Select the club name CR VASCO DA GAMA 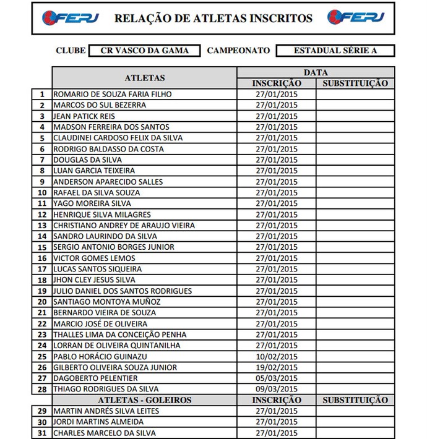(x=145, y=51)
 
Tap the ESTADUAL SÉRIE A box (x=335, y=51)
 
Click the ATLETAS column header (x=145, y=78)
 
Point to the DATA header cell (x=316, y=72)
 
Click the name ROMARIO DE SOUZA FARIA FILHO (x=112, y=95)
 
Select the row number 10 (x=42, y=193)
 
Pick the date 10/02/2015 (x=276, y=357)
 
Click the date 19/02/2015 (x=276, y=367)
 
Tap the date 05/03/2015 (x=276, y=378)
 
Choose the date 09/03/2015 (x=276, y=389)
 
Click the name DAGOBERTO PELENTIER (x=95, y=378)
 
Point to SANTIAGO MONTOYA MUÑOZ (x=107, y=302)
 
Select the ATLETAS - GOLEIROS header (x=145, y=400)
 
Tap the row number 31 (x=42, y=433)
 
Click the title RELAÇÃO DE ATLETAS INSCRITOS (x=213, y=19)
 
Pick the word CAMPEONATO (x=238, y=51)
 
